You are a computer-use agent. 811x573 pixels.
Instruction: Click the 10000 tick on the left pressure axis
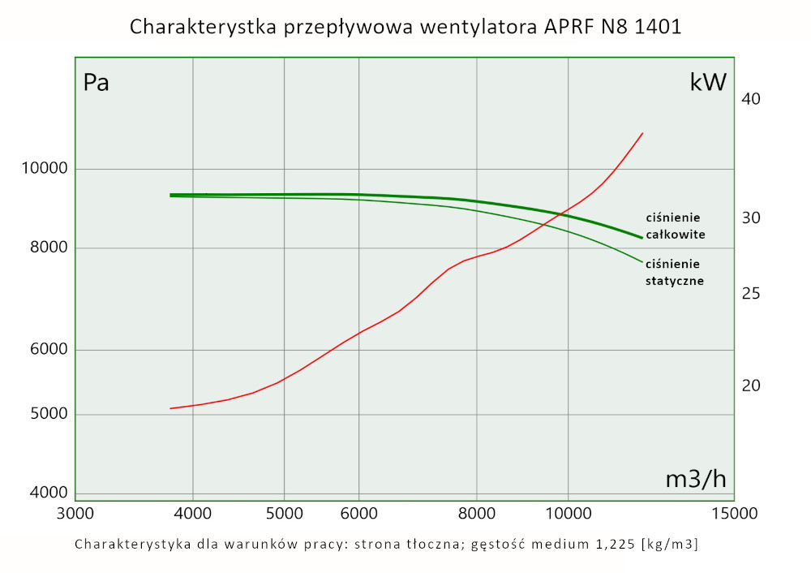[x=43, y=169]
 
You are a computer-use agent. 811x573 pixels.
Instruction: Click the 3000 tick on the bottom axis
[x=75, y=513]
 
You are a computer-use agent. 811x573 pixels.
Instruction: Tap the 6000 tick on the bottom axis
[x=358, y=513]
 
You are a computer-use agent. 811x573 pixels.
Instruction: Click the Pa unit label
[x=97, y=83]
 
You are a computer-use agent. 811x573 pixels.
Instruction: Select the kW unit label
[x=707, y=83]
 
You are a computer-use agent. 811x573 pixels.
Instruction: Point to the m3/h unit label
[x=695, y=479]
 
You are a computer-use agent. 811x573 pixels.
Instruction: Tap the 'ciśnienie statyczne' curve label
[x=673, y=272]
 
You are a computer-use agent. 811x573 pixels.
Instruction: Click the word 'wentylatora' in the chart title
[x=474, y=27]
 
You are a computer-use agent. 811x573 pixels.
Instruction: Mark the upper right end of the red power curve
[x=643, y=132]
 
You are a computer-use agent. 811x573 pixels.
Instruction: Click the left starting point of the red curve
[x=169, y=408]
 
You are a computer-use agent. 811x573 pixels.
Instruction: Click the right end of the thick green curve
[x=642, y=238]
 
